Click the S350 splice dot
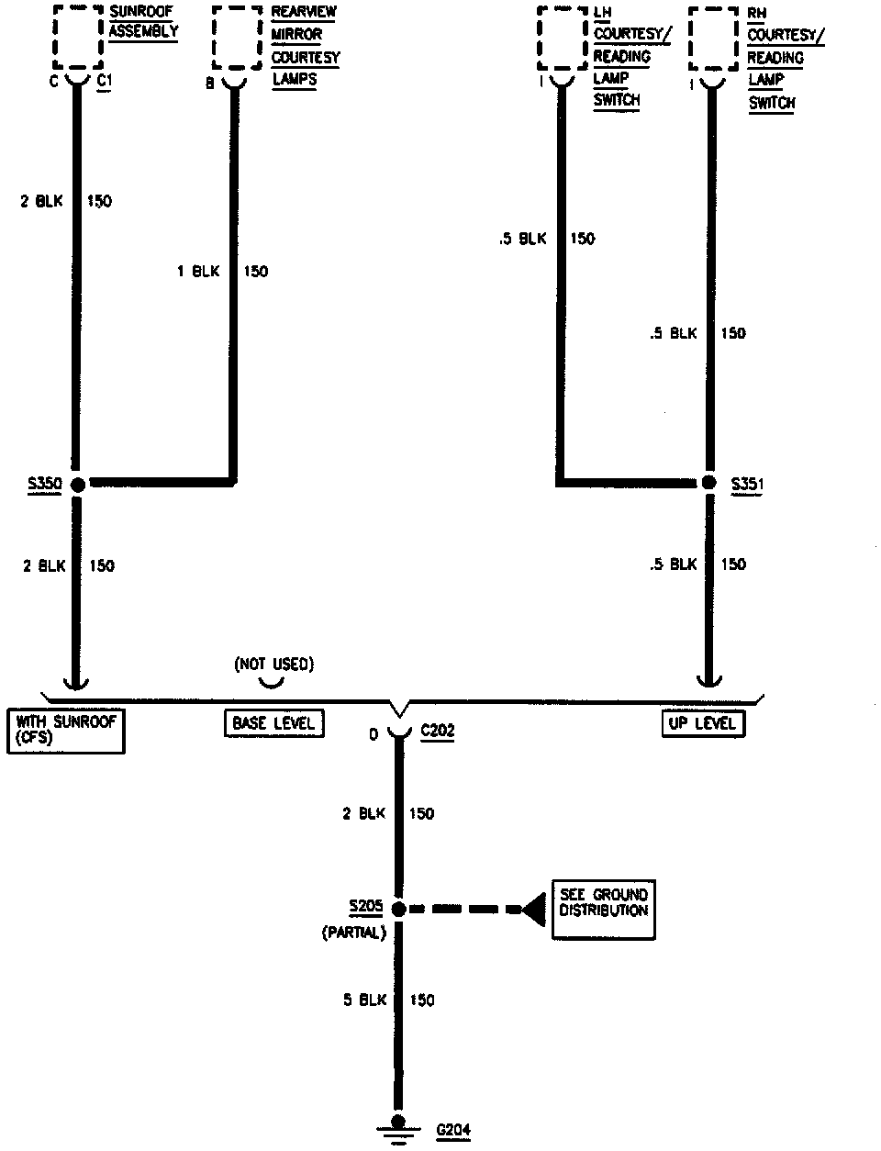coord(77,484)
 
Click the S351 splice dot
coord(708,483)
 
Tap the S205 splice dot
coord(398,909)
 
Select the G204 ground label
coord(453,1130)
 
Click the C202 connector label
coord(437,732)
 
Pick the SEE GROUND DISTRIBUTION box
coord(603,909)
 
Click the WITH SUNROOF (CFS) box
coord(65,730)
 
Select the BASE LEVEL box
coord(273,723)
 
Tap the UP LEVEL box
coord(702,723)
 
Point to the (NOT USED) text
coord(273,664)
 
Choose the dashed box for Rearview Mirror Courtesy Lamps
coord(236,37)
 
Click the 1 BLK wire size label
coord(198,271)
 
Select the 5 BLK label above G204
coord(365,1000)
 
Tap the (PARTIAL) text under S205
coord(353,933)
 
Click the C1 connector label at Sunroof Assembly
coord(105,81)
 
